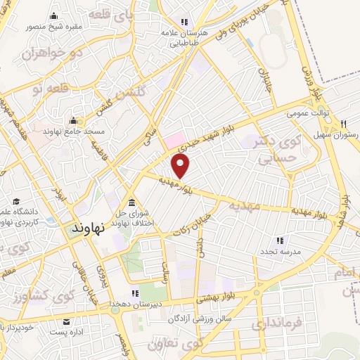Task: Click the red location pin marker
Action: (181, 167)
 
